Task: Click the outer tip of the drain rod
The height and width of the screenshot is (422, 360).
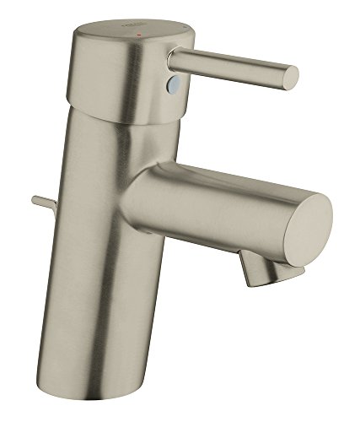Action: point(35,199)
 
